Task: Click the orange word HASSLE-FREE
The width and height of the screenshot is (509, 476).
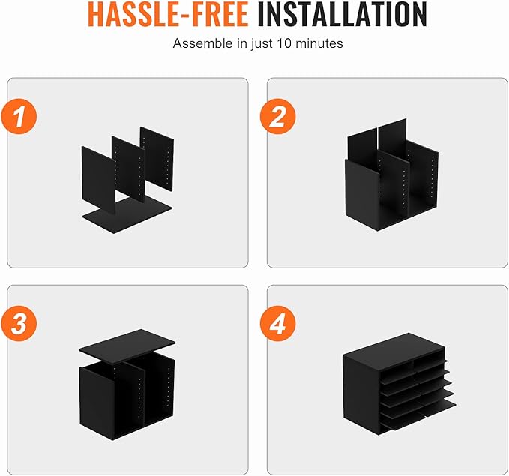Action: pyautogui.click(x=168, y=14)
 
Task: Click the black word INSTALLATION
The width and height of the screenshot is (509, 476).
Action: pyautogui.click(x=342, y=14)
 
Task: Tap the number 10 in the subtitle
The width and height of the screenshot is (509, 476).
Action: pyautogui.click(x=284, y=43)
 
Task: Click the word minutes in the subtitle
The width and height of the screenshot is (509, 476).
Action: pyautogui.click(x=319, y=43)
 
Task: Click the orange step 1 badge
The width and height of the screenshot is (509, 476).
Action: pyautogui.click(x=19, y=116)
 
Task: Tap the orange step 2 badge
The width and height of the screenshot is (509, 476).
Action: pyautogui.click(x=278, y=116)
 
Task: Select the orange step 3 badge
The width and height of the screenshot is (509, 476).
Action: pyautogui.click(x=19, y=323)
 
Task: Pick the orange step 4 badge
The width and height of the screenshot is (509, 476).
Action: pyautogui.click(x=278, y=323)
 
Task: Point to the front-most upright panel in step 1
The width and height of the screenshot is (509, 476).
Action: pyautogui.click(x=98, y=180)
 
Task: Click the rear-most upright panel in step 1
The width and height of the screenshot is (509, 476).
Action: pyautogui.click(x=157, y=159)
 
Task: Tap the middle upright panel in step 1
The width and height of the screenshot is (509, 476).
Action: pyautogui.click(x=128, y=169)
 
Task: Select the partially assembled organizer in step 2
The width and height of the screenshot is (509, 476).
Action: pyautogui.click(x=392, y=175)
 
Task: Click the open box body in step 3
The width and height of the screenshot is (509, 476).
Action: pyautogui.click(x=127, y=398)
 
